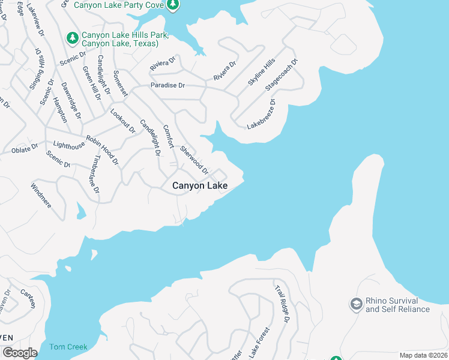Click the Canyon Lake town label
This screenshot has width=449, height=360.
click(x=200, y=186)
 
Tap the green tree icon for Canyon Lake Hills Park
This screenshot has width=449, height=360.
click(x=73, y=38)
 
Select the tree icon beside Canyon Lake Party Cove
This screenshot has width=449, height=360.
click(x=173, y=5)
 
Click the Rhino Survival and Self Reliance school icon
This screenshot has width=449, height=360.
click(x=357, y=304)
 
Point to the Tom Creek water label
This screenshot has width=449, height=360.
click(x=68, y=347)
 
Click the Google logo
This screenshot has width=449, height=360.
click(x=20, y=353)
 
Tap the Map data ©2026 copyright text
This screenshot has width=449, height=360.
click(x=423, y=355)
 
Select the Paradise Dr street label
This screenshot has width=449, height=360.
click(x=167, y=85)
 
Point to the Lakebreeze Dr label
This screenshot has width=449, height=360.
click(x=262, y=114)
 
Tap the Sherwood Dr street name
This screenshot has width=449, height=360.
click(x=194, y=160)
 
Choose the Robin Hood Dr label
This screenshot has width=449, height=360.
click(x=102, y=150)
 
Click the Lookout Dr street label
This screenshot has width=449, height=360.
click(x=122, y=121)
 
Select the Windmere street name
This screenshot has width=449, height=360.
click(x=41, y=195)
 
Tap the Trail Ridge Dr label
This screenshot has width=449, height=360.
click(x=282, y=304)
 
